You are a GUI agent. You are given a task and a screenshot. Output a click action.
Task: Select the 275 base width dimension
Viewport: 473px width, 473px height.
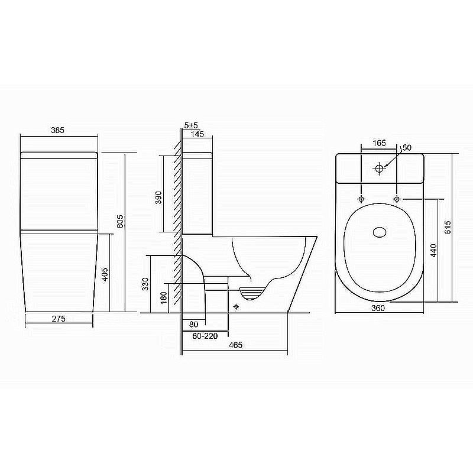pos(57,319)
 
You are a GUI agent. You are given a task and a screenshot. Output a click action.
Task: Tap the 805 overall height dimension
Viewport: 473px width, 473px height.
pos(120,221)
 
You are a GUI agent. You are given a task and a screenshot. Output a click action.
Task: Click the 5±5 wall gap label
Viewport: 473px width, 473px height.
pos(191,126)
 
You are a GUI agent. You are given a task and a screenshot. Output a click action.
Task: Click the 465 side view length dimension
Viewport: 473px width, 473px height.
pos(235,345)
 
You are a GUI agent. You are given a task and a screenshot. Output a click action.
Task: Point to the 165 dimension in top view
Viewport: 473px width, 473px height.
pos(379,143)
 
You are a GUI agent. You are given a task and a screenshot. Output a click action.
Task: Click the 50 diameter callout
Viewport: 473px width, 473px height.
pos(406,147)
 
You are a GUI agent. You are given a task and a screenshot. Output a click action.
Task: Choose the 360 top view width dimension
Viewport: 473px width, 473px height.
pos(378,308)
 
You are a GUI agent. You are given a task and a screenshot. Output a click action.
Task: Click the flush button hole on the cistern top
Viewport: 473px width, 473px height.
pos(379,169)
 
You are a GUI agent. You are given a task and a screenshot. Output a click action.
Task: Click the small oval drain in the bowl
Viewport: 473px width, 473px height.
pos(379,231)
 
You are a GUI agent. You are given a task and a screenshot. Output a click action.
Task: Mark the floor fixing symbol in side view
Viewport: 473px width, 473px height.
pos(236,306)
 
